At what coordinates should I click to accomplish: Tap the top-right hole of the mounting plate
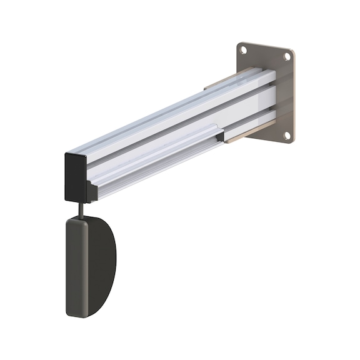(287, 56)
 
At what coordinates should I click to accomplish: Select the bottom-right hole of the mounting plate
(287, 134)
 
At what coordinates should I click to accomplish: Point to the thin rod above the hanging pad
(81, 208)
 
